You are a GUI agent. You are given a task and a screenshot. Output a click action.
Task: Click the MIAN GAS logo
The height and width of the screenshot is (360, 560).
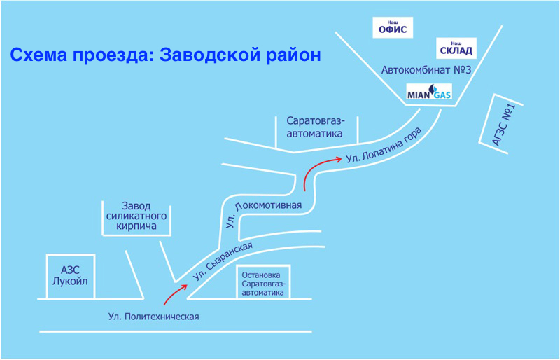point(429,92)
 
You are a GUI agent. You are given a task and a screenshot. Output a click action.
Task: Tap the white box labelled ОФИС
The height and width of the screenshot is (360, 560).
point(393,27)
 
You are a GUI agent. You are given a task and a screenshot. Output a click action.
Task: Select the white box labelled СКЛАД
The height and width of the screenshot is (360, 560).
point(456,48)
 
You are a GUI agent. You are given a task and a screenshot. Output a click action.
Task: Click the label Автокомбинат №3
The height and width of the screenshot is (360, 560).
point(426,69)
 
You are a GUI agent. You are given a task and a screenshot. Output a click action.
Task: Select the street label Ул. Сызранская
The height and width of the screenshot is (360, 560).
point(222,261)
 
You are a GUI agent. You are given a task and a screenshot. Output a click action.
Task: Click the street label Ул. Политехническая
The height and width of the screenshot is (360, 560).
point(153,317)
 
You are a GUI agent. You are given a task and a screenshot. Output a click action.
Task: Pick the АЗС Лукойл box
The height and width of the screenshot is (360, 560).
point(71,276)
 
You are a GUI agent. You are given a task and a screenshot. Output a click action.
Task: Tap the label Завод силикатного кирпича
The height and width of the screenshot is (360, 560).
point(136,216)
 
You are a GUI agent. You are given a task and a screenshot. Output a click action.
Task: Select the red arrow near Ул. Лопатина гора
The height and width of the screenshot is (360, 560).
point(316,168)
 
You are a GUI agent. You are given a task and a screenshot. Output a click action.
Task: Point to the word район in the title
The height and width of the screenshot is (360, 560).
point(293,56)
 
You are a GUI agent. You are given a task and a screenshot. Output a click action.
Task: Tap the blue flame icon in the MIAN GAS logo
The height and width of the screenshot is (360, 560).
point(432,89)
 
